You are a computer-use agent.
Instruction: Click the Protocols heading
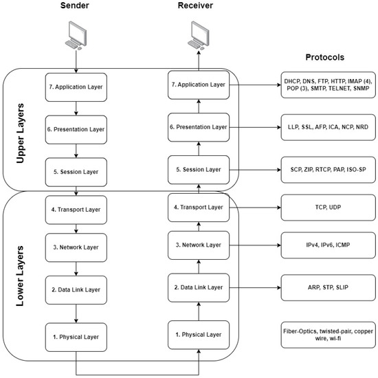click(x=324, y=58)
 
